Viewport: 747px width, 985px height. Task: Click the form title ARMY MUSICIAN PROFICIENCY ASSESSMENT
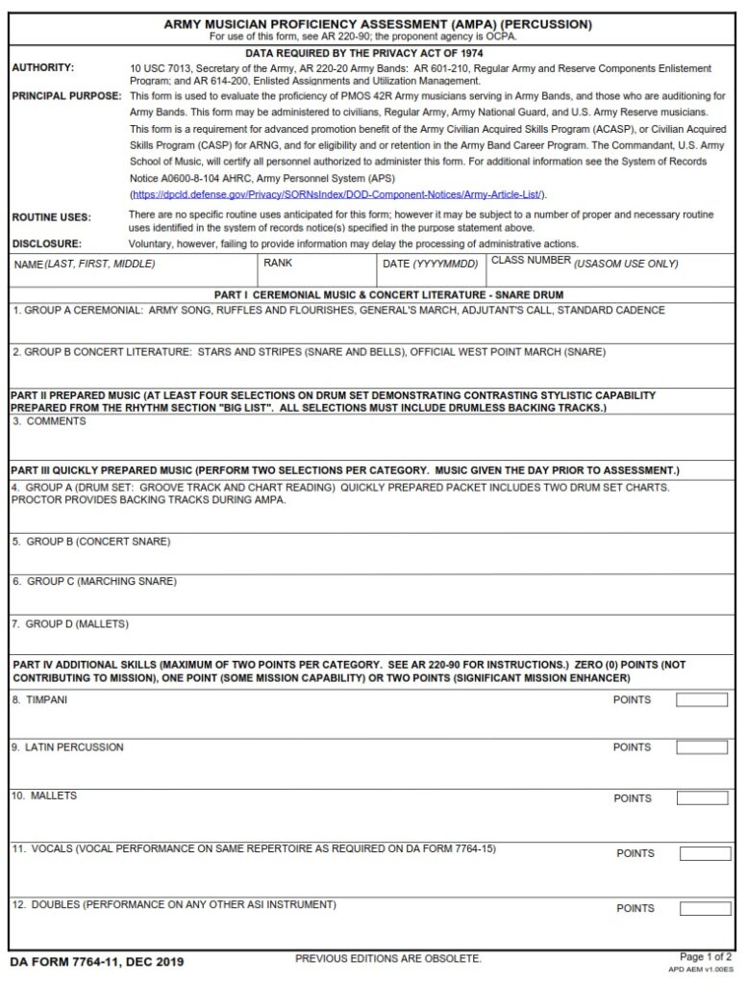[x=377, y=24]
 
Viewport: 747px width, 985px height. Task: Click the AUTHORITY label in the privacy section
[x=42, y=68]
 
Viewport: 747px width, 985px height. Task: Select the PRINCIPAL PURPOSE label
[x=66, y=97]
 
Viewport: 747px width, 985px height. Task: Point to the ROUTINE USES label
[x=51, y=217]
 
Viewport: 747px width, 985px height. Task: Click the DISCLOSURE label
[x=46, y=244]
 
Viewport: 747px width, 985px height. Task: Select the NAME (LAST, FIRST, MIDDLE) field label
[x=85, y=264]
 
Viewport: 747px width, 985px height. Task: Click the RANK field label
[x=278, y=263]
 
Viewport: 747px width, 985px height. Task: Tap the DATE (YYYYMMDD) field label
[x=430, y=264]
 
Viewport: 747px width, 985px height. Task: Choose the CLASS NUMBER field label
[x=584, y=263]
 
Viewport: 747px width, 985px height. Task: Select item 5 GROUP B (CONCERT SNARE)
[x=91, y=542]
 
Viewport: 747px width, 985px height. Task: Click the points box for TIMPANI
[x=701, y=700]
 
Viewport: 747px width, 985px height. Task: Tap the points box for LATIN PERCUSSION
[x=701, y=747]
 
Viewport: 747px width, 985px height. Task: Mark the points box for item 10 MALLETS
[x=701, y=798]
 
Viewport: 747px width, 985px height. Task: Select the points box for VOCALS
[x=705, y=853]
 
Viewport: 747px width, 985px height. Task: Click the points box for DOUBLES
[x=705, y=908]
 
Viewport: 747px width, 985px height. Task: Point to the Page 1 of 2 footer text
[x=706, y=957]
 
